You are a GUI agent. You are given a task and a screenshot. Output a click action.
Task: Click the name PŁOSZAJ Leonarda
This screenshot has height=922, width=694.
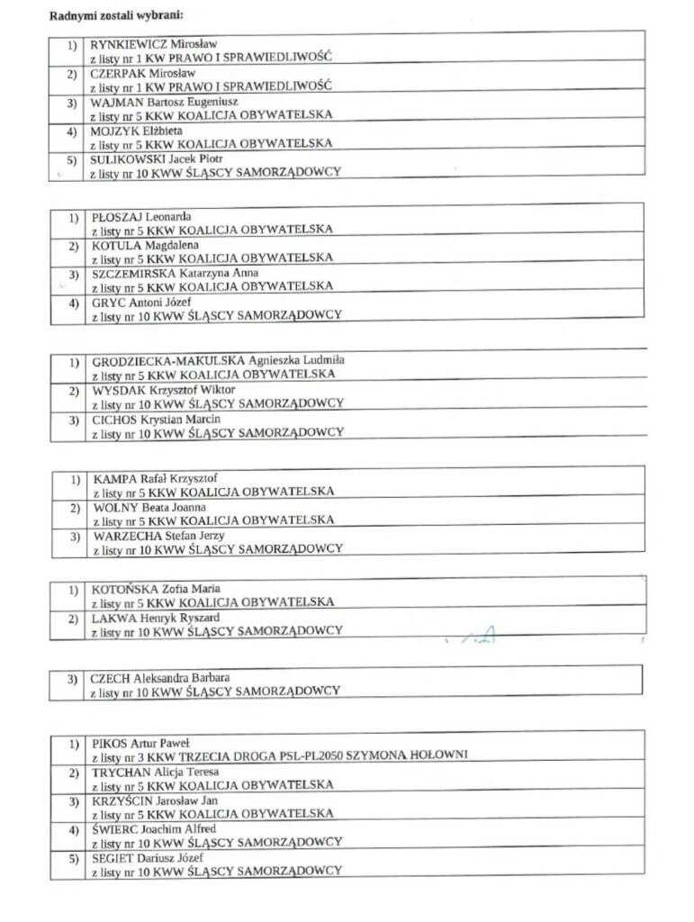[x=141, y=216]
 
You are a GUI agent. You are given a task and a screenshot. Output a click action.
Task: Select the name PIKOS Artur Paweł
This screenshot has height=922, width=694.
[x=140, y=744]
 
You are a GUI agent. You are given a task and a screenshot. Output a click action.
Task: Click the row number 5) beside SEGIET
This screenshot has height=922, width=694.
[x=74, y=858]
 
